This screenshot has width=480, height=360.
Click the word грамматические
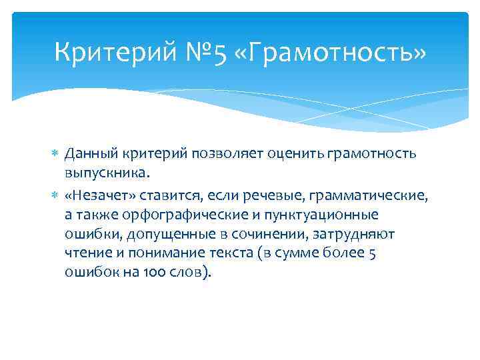tap(381, 195)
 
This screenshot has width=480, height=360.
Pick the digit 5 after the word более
tap(373, 253)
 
